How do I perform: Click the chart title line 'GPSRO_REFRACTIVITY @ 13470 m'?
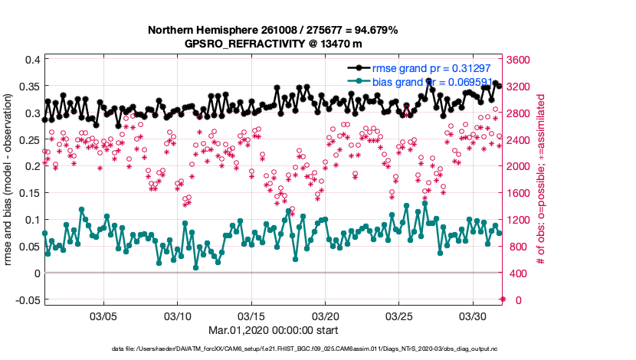[274, 44]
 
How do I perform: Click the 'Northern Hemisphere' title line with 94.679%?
[274, 30]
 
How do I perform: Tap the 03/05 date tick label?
[103, 316]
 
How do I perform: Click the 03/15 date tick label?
[251, 316]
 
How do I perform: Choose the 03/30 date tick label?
[474, 316]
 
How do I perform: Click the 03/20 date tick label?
[326, 316]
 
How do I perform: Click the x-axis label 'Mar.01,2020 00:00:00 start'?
[274, 331]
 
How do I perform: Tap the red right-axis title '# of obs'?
[541, 180]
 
